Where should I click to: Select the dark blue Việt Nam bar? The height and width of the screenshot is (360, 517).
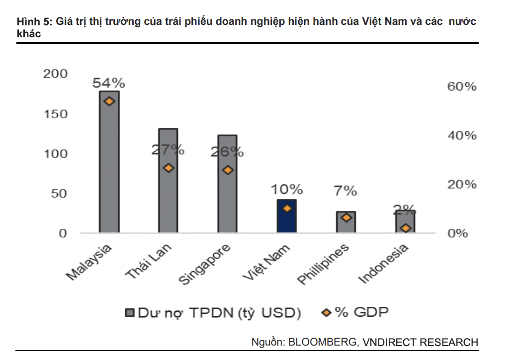(x=287, y=216)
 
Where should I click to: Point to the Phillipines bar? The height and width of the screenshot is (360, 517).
(x=346, y=222)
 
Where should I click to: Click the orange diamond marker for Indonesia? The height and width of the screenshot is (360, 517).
(x=406, y=228)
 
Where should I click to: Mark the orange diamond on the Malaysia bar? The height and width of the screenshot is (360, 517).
(x=109, y=101)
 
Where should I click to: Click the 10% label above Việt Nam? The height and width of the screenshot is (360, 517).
(x=287, y=189)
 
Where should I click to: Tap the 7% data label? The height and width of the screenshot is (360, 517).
(x=346, y=190)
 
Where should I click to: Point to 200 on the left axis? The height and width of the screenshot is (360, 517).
(x=55, y=74)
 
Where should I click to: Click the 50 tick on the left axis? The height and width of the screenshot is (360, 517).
(x=59, y=193)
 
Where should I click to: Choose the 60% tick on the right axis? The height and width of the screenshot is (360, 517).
(x=462, y=87)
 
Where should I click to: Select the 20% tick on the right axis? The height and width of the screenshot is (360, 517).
(x=462, y=184)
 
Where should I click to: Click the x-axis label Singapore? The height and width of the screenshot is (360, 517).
(x=205, y=265)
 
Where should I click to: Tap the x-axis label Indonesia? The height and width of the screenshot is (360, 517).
(x=384, y=264)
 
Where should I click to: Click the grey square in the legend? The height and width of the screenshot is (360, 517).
(x=130, y=313)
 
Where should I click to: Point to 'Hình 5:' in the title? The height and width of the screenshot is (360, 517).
(x=33, y=22)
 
